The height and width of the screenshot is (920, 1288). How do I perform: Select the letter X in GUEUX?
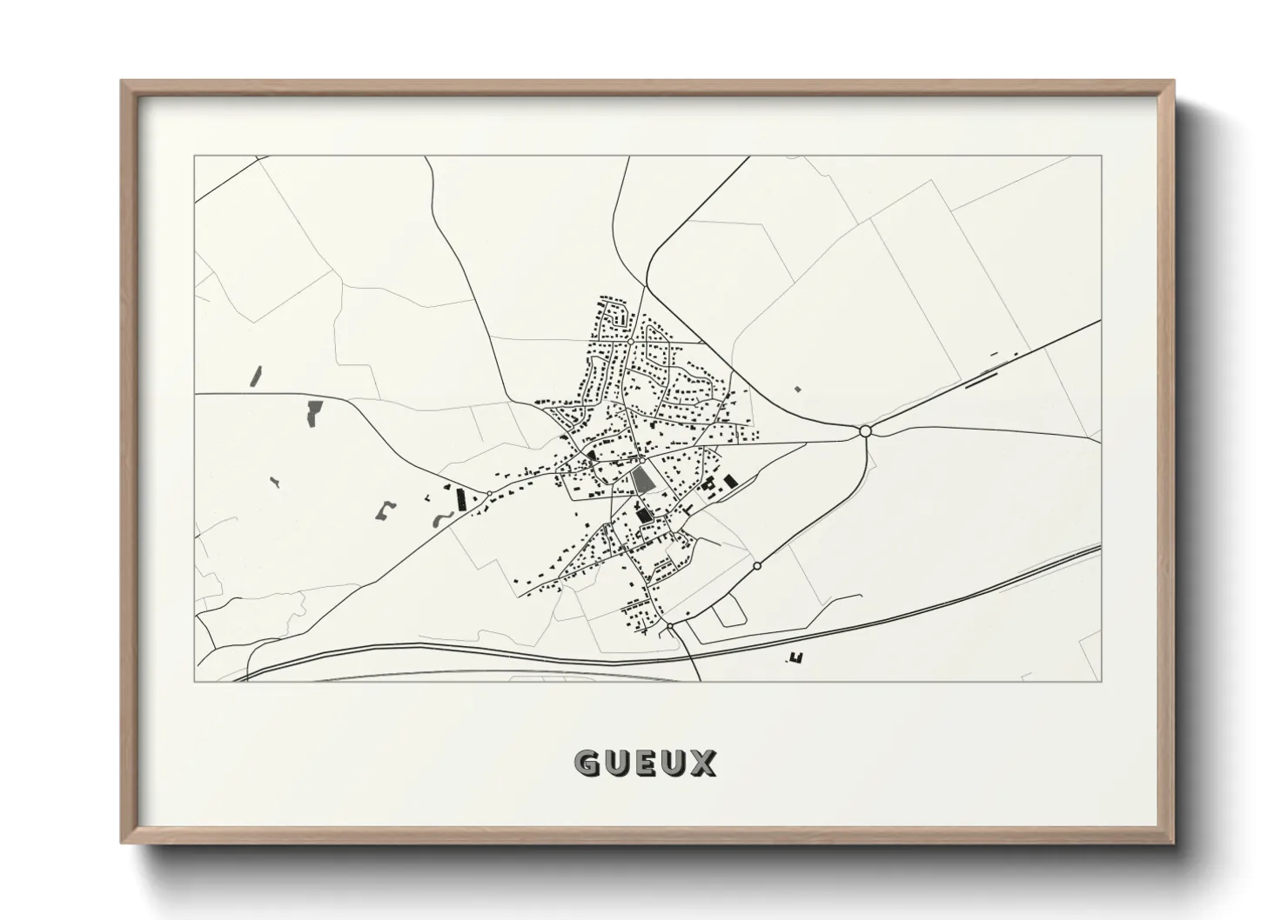point(704,763)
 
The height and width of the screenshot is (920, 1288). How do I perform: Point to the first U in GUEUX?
point(615,763)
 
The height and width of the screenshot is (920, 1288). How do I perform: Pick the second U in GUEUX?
point(674,763)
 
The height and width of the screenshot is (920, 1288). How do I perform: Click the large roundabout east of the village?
point(865,430)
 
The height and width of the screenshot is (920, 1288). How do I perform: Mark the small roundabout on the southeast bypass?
point(757,566)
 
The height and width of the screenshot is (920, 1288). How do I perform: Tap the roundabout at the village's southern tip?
point(670,625)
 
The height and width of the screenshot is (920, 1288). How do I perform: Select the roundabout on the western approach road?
point(490,494)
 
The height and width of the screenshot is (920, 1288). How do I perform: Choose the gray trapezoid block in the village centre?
point(641,479)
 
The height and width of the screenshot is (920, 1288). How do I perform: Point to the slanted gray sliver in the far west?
point(256,376)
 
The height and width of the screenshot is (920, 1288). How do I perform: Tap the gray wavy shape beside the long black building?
point(439,520)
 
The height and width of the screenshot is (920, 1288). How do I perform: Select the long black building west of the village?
point(460,500)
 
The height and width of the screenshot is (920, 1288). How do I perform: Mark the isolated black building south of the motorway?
point(794,658)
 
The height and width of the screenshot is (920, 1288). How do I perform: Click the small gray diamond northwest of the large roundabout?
point(796,390)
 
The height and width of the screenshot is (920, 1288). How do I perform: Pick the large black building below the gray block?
point(645,516)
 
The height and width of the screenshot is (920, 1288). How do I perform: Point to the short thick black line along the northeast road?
point(981,379)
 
